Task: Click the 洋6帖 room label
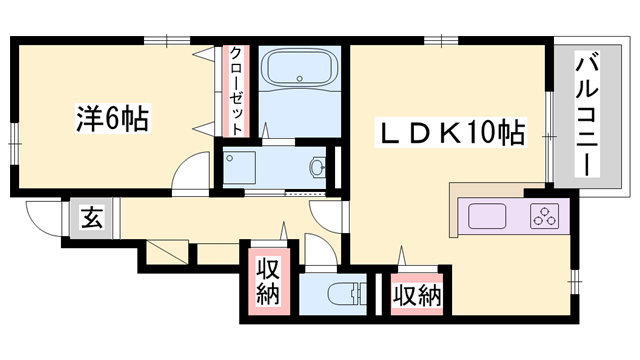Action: [x=112, y=118]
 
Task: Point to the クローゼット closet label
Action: [x=236, y=92]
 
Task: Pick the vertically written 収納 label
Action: [x=268, y=282]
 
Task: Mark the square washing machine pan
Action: [x=241, y=167]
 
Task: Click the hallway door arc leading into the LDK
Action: [x=327, y=213]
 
